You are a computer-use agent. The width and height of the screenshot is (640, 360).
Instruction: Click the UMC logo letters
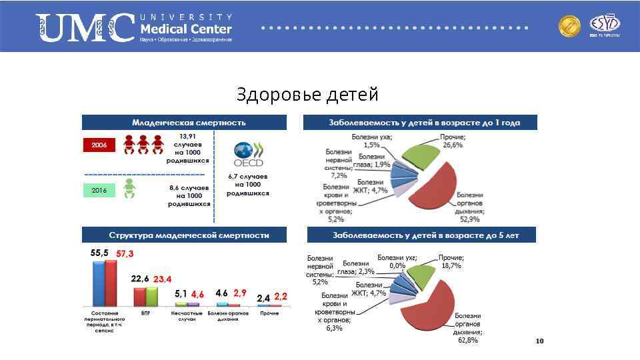click(x=85, y=29)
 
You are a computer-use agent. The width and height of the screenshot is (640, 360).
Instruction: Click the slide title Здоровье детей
click(x=307, y=95)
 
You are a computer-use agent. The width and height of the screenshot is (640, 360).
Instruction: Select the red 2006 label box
click(x=99, y=145)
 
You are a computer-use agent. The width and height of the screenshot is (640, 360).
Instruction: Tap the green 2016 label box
click(x=99, y=191)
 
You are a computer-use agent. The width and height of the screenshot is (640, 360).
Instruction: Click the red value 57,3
click(x=125, y=253)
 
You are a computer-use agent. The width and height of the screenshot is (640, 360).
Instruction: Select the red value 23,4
click(x=163, y=279)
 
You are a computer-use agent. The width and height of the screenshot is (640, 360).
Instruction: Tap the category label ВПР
click(x=146, y=313)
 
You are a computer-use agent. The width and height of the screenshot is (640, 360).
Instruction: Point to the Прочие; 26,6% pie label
click(x=453, y=141)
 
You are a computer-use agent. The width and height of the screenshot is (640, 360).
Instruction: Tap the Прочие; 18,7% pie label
click(x=451, y=261)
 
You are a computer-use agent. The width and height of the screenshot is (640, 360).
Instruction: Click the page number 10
click(x=540, y=341)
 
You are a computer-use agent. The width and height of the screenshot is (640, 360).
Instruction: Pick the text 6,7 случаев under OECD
click(x=248, y=177)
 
